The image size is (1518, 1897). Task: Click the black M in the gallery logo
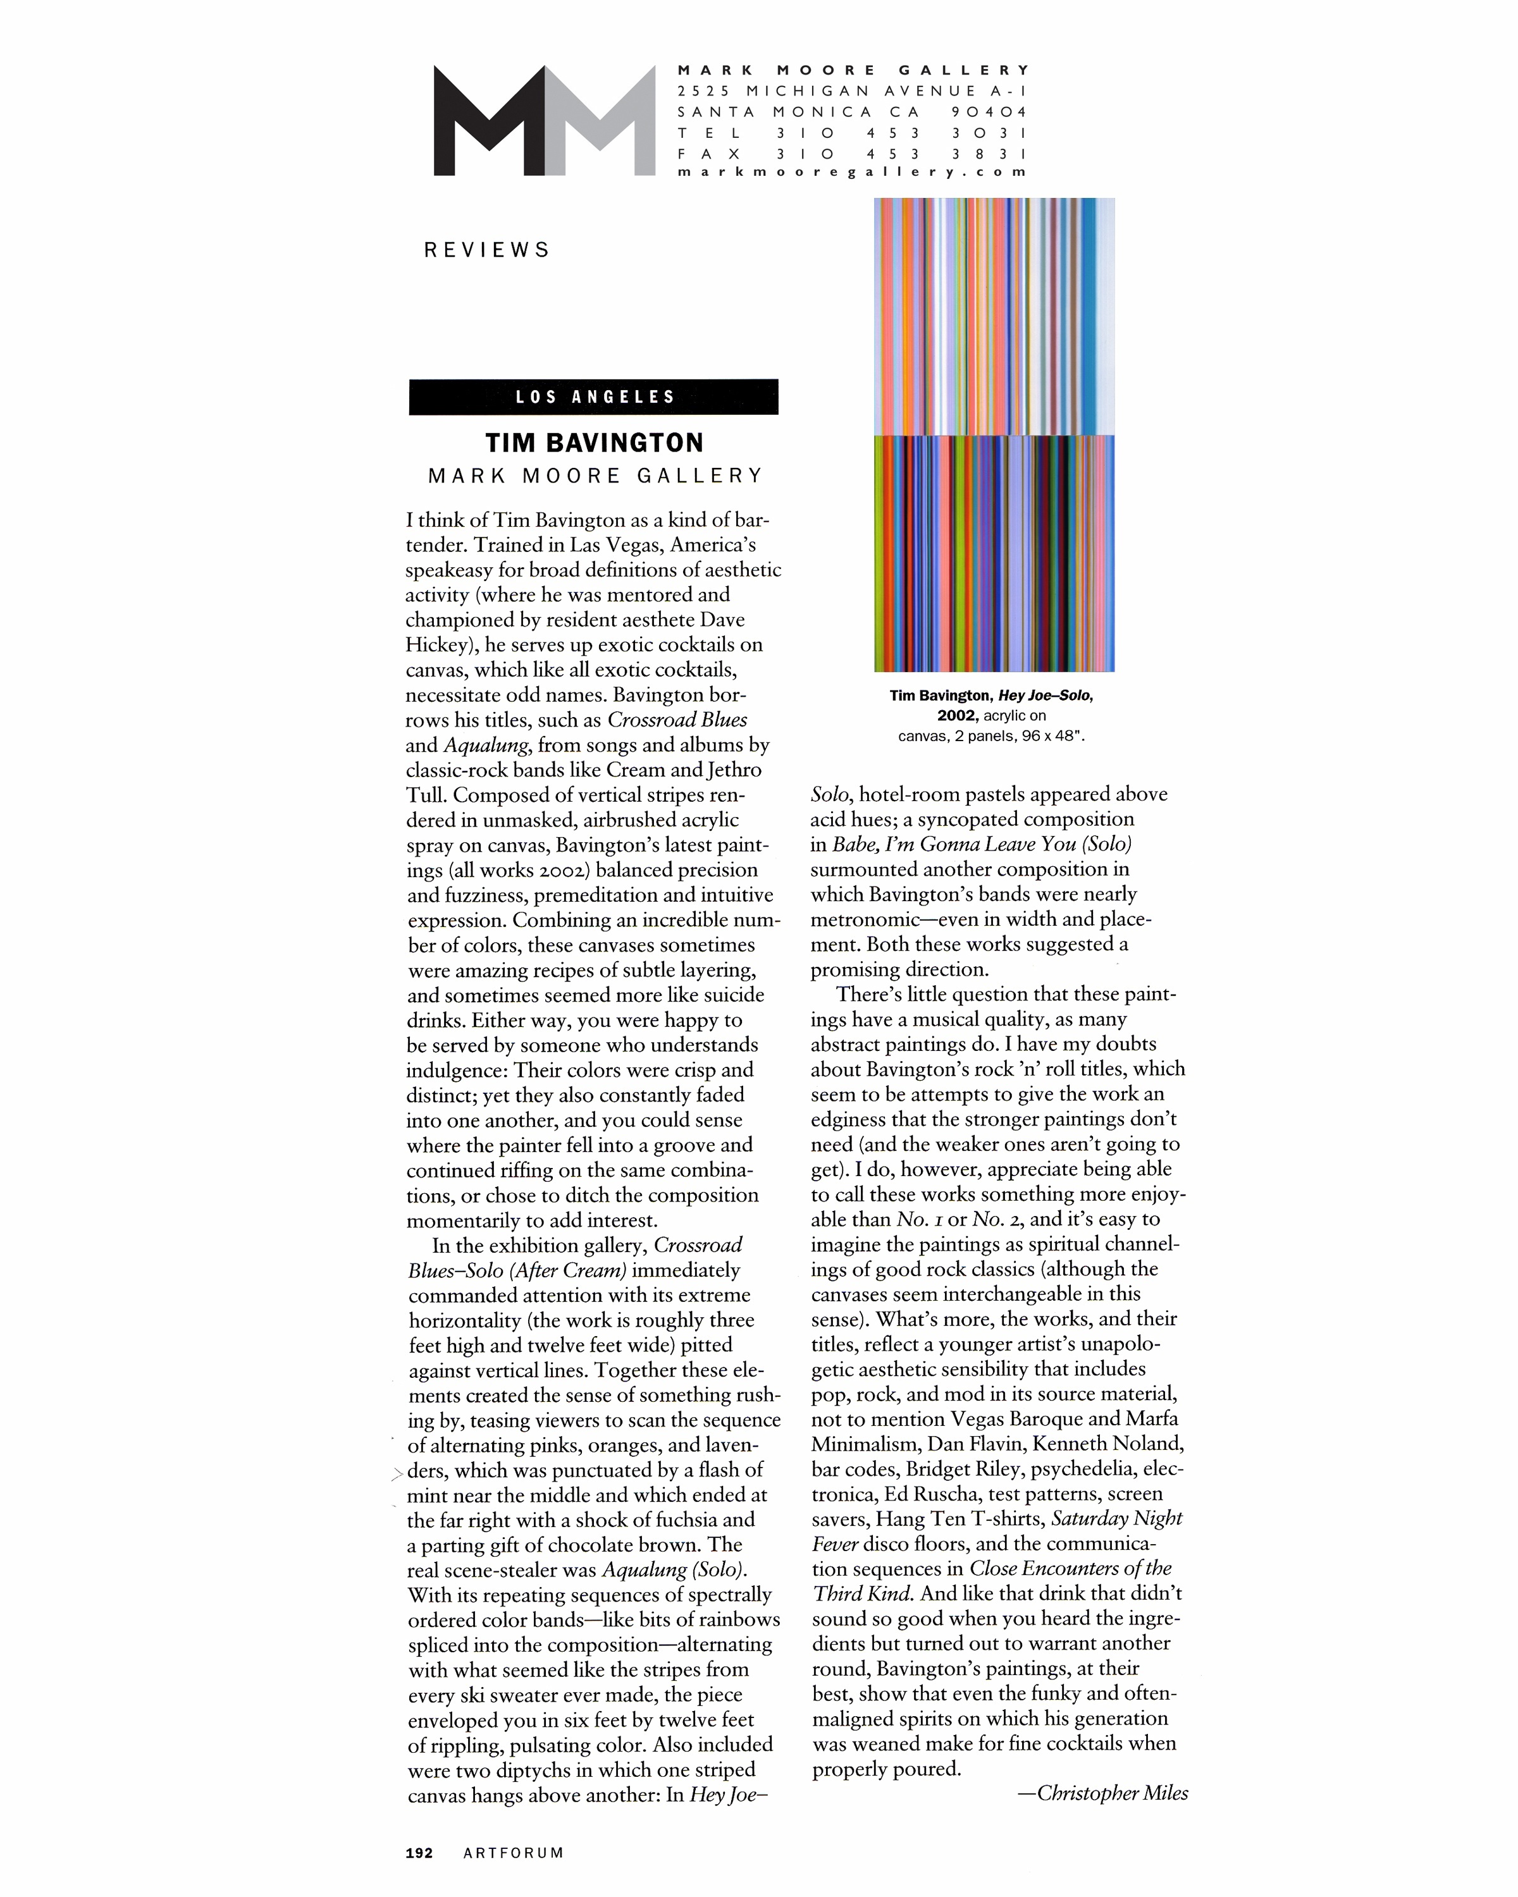488,121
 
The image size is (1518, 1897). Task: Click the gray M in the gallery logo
600,121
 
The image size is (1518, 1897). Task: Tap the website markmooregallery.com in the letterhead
852,173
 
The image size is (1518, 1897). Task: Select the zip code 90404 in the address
989,112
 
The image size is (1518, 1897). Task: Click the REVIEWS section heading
486,250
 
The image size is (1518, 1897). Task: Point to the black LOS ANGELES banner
594,397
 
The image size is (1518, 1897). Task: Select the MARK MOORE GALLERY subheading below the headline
596,476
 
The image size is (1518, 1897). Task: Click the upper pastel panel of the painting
994,317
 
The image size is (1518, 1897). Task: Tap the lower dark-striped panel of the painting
994,553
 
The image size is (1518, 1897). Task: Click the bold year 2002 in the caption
958,715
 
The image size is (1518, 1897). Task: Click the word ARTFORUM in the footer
513,1852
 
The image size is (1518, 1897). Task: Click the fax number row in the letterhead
852,153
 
